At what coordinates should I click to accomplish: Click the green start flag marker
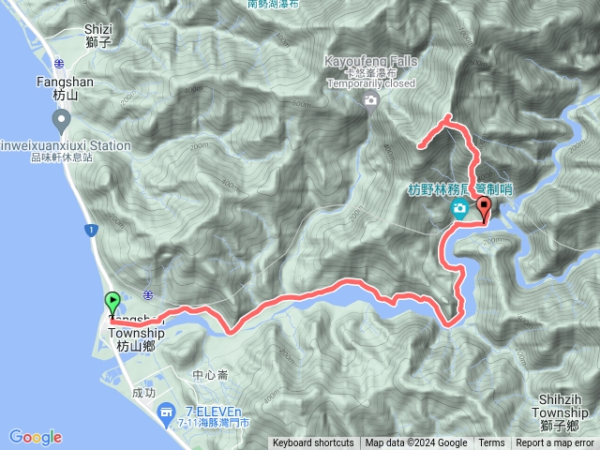click(112, 303)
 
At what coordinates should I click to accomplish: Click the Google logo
click(36, 437)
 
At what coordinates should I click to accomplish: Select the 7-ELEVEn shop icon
click(166, 411)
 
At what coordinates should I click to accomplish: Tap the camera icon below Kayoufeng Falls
click(371, 100)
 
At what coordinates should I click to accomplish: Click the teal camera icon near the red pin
click(459, 209)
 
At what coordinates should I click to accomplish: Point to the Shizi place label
click(97, 29)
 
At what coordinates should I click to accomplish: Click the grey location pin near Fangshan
click(62, 120)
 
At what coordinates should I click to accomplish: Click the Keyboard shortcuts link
click(313, 443)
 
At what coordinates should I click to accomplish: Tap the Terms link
click(491, 443)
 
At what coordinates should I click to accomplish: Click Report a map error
click(555, 443)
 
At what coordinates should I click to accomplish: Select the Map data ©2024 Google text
click(416, 443)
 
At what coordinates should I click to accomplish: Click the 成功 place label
click(144, 394)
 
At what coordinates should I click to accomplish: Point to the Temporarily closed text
click(371, 82)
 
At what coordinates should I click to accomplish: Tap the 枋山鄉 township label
click(136, 346)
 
